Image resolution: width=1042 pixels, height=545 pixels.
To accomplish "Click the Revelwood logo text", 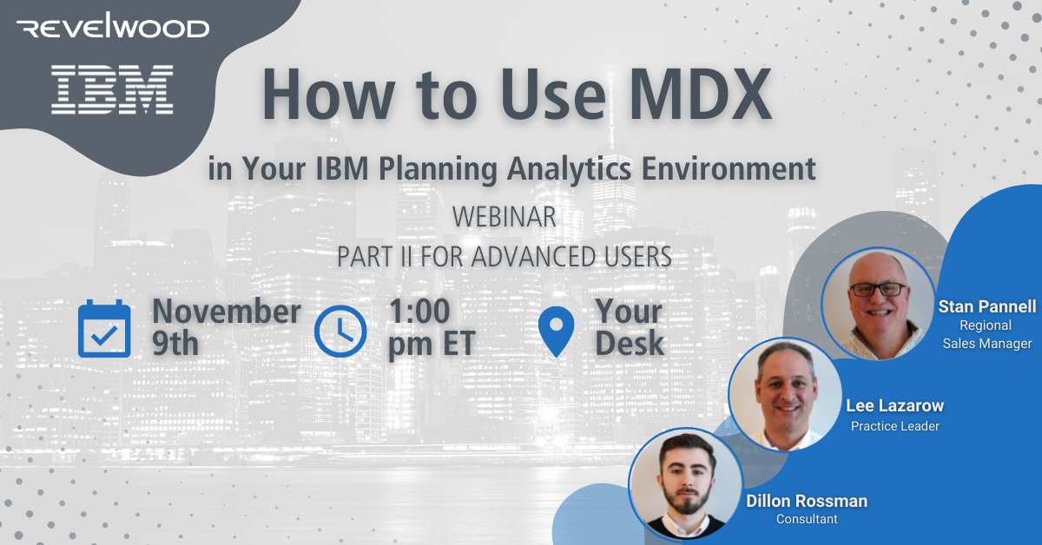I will point(114,29).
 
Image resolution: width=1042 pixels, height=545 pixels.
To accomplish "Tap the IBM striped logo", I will point(112,89).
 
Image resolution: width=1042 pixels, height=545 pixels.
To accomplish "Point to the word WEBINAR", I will point(504,217).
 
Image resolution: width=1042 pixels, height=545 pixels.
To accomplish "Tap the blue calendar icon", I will point(104,329).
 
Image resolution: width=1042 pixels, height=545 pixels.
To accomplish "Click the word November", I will point(227,312).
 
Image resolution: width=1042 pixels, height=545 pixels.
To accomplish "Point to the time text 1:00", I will point(419,312).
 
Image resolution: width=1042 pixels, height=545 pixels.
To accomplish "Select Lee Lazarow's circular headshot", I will point(785,394).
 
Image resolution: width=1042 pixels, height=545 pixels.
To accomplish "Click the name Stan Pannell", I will point(986,306).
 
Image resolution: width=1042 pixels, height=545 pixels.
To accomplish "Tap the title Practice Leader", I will point(894,425).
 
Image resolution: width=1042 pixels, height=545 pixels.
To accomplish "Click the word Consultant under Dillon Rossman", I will point(807,519).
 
